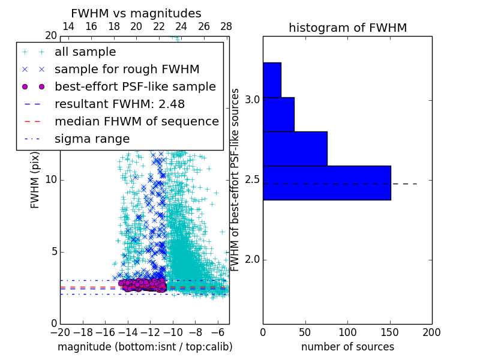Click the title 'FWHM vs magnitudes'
[x=136, y=13]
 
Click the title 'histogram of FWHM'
[x=347, y=28]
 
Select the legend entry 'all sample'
[x=85, y=52]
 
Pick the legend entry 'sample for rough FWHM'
[x=127, y=69]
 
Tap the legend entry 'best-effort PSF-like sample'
[x=135, y=86]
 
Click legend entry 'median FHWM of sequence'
[x=136, y=121]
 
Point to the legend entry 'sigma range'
[x=92, y=139]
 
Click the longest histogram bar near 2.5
[x=326, y=182]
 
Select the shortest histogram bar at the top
[x=272, y=80]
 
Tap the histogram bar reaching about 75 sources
[x=295, y=148]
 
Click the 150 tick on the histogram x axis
[x=389, y=331]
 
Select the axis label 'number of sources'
[x=347, y=347]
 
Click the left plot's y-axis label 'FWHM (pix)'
[x=35, y=180]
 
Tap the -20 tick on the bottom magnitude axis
[x=60, y=332]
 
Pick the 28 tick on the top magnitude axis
[x=226, y=26]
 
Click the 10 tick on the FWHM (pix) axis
[x=50, y=179]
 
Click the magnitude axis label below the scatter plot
[x=145, y=347]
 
